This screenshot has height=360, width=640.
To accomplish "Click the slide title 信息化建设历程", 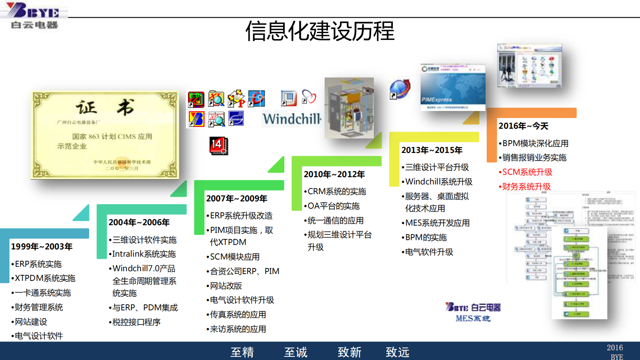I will click(320, 31).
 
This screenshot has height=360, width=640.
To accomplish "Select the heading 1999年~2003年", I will click(42, 247).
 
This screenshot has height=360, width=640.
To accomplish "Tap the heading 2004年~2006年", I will click(139, 222).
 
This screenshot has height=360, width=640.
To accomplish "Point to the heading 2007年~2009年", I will click(237, 199).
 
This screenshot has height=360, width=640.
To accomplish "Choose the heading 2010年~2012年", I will click(334, 174).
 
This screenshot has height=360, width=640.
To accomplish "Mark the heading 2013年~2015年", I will click(432, 150).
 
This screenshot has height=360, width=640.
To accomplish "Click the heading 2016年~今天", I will click(523, 126).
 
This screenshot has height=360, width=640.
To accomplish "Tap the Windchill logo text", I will click(292, 119).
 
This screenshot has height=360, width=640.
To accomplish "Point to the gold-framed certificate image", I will click(105, 135).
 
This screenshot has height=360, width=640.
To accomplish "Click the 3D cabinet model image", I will click(349, 108).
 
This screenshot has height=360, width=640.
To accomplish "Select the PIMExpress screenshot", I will click(452, 87).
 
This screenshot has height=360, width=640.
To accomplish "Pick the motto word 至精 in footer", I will click(242, 352).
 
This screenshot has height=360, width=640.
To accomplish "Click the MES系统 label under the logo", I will click(473, 318).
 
